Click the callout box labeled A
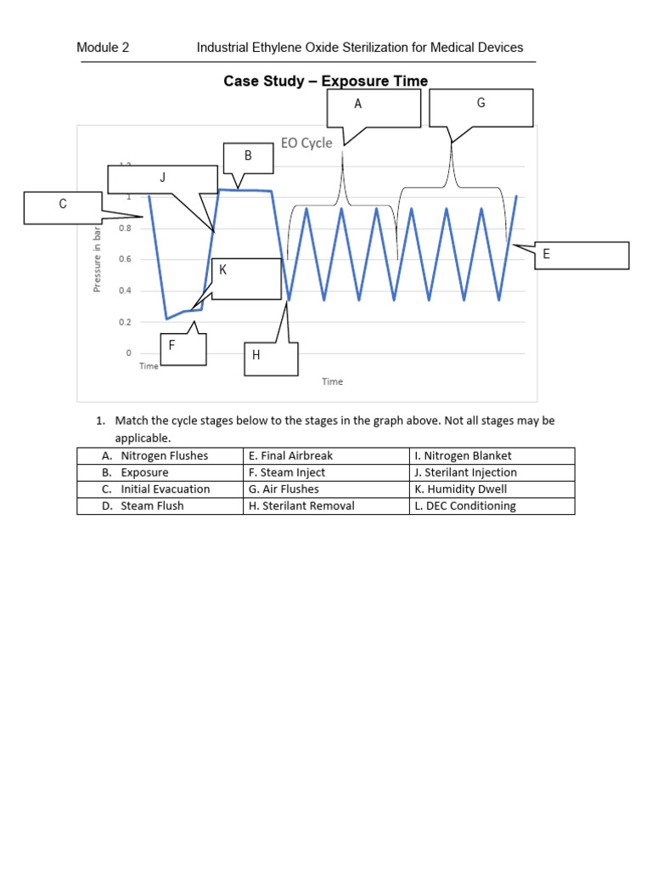pyautogui.click(x=374, y=108)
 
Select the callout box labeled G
pyautogui.click(x=481, y=108)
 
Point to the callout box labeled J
pyautogui.click(x=162, y=178)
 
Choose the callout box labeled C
pyautogui.click(x=63, y=207)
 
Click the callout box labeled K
pyautogui.click(x=246, y=279)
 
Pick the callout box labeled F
pyautogui.click(x=183, y=348)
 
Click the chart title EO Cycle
pyautogui.click(x=306, y=143)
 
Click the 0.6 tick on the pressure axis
pyautogui.click(x=125, y=259)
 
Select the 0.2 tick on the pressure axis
pyautogui.click(x=125, y=322)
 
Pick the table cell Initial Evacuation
pyautogui.click(x=165, y=489)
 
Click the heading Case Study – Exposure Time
pyautogui.click(x=325, y=82)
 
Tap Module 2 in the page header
pyautogui.click(x=103, y=48)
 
